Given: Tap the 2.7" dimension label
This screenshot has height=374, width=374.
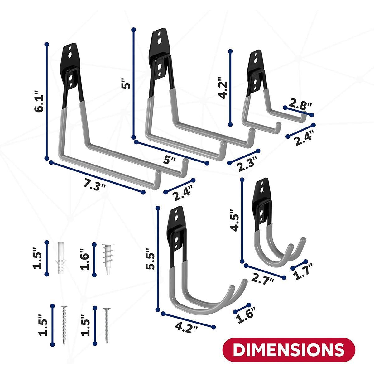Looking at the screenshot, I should pos(263,277).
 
